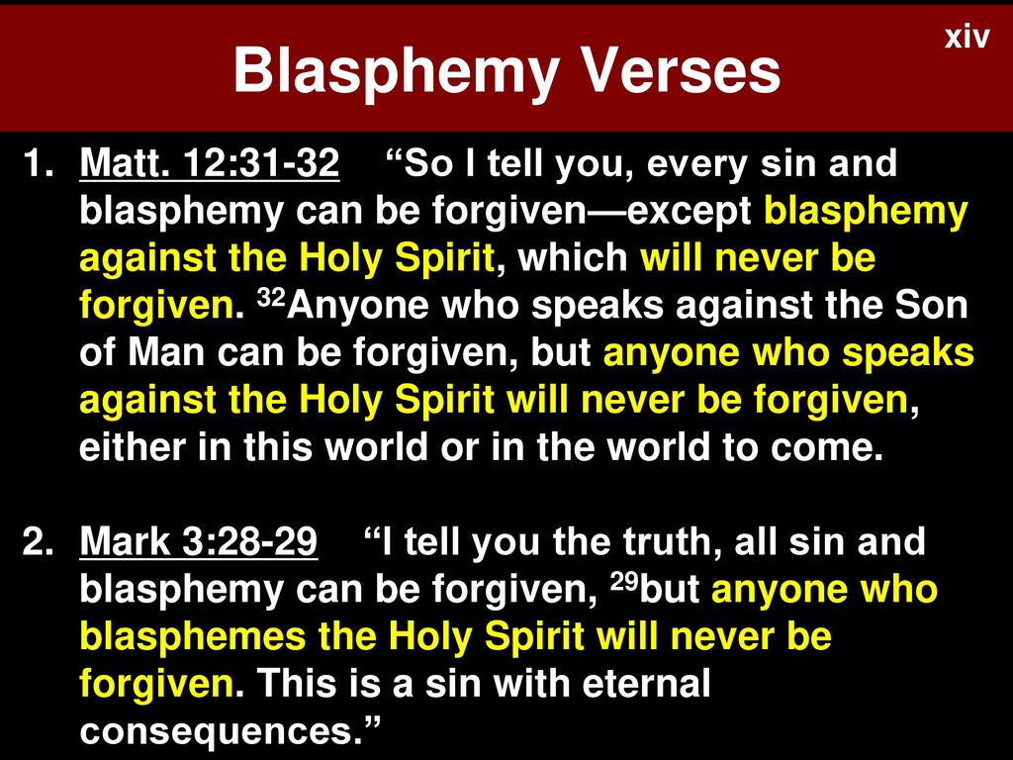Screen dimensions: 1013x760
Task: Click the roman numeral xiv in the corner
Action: pos(967,37)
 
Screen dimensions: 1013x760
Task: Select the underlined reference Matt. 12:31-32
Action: pos(210,162)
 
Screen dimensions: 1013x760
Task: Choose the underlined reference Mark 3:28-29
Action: pos(198,540)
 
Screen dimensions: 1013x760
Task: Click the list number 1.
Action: pos(39,163)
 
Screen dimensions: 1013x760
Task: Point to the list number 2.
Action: pos(39,541)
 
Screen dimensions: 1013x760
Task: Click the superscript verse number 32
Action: pos(271,297)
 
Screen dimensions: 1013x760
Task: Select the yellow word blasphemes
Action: pos(193,636)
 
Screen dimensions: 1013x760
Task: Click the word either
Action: pos(133,446)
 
